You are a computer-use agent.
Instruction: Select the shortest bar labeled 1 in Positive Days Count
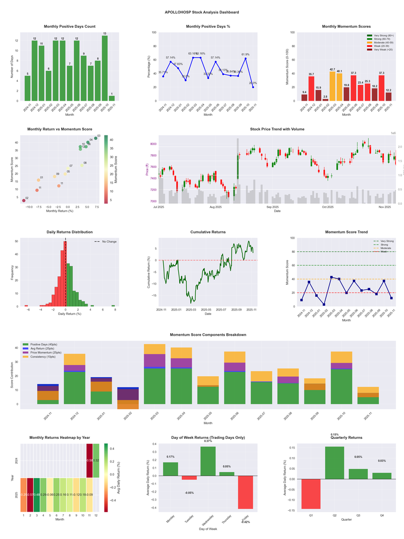(112, 98)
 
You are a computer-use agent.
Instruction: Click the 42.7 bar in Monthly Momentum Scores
(332, 86)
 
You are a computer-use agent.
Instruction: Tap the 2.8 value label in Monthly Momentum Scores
(325, 97)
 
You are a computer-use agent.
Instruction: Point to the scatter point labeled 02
(23, 201)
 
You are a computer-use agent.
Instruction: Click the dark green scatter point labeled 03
(96, 138)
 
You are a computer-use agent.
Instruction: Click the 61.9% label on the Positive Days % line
(245, 54)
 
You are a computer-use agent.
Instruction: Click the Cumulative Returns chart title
(208, 232)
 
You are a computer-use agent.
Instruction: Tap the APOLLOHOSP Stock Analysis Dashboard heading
(202, 12)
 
